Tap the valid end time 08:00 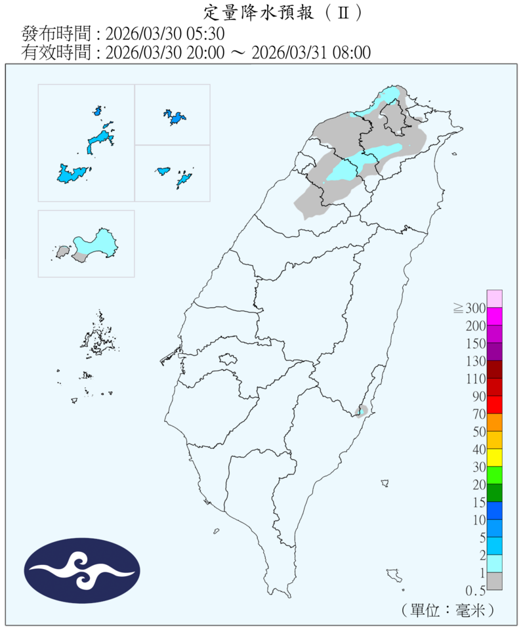point(349,52)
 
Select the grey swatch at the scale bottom point(495,581)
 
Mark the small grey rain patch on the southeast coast point(360,411)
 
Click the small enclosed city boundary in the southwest point(228,359)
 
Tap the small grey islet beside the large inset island point(63,251)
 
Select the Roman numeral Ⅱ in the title point(342,12)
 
